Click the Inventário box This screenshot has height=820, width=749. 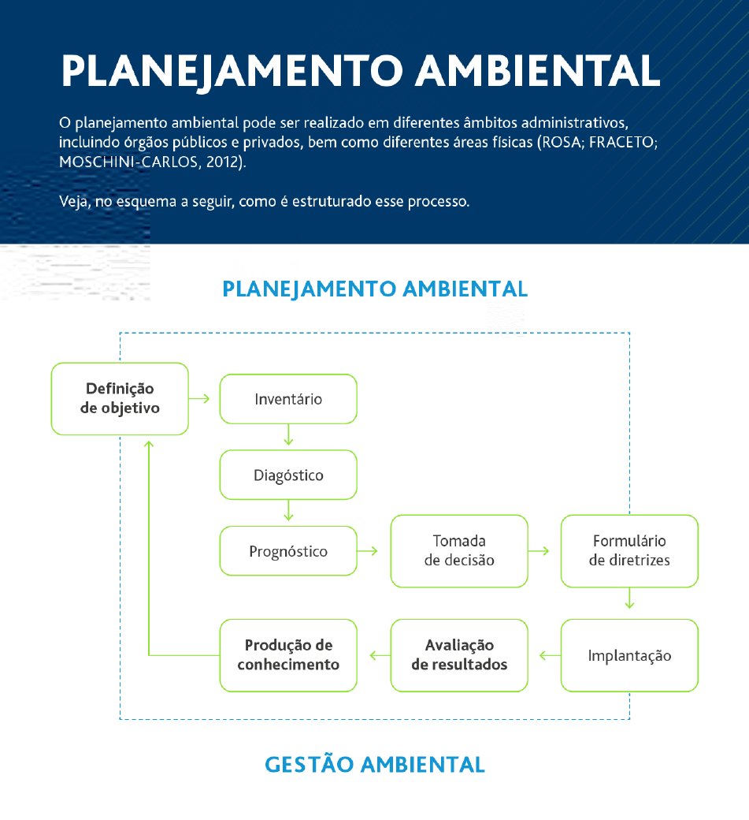(x=288, y=399)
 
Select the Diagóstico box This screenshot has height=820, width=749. (x=288, y=475)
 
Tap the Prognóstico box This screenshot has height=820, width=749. (x=288, y=550)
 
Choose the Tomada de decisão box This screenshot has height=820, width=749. (x=459, y=550)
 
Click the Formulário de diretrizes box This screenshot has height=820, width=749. (x=629, y=550)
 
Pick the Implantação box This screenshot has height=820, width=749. (x=629, y=655)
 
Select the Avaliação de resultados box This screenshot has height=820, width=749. (x=459, y=655)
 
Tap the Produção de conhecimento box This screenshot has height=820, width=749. (x=288, y=655)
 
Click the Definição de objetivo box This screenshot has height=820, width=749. (x=120, y=398)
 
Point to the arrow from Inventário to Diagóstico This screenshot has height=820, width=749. (x=288, y=434)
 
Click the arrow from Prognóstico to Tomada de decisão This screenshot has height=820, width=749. (x=367, y=550)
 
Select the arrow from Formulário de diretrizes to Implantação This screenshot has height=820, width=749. (x=629, y=598)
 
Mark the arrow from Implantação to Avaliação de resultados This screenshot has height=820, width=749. (x=550, y=655)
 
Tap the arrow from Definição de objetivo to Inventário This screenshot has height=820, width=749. (x=199, y=398)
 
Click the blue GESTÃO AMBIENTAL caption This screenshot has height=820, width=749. (x=375, y=764)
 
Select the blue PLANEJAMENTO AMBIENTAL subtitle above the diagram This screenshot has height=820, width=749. (x=375, y=289)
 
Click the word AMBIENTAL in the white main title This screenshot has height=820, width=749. (x=538, y=70)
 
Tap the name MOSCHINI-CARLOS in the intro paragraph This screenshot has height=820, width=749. (x=128, y=162)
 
